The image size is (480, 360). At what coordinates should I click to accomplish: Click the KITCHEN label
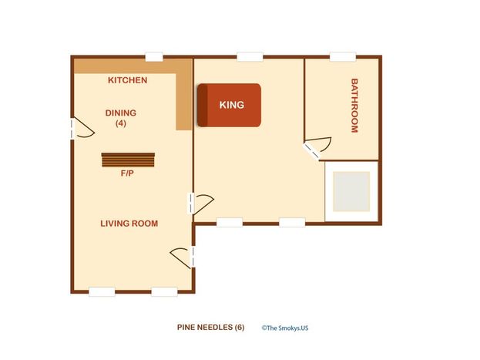(128, 80)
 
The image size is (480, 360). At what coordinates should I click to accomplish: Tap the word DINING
(121, 113)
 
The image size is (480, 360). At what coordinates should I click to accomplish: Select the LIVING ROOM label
(129, 224)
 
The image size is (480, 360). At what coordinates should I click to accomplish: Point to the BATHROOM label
(354, 106)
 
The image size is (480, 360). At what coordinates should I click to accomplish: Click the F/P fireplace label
(127, 173)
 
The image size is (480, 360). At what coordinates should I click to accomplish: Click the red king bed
(230, 105)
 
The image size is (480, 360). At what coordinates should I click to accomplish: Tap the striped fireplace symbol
(128, 160)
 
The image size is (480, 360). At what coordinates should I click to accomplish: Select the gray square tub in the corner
(351, 191)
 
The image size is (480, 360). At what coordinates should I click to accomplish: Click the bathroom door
(317, 148)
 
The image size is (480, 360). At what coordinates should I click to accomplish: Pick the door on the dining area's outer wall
(82, 128)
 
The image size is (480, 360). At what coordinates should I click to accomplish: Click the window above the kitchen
(154, 57)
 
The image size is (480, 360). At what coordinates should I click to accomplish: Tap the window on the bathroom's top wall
(343, 57)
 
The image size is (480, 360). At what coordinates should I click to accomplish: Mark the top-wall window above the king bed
(250, 57)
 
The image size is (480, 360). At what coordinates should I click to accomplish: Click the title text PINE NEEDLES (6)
(210, 327)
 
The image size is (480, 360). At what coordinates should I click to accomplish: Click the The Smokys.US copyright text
(285, 328)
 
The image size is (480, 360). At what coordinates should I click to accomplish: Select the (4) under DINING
(121, 123)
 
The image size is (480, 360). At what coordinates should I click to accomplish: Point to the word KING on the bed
(232, 105)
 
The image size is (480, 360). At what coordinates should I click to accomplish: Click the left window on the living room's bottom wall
(102, 291)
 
